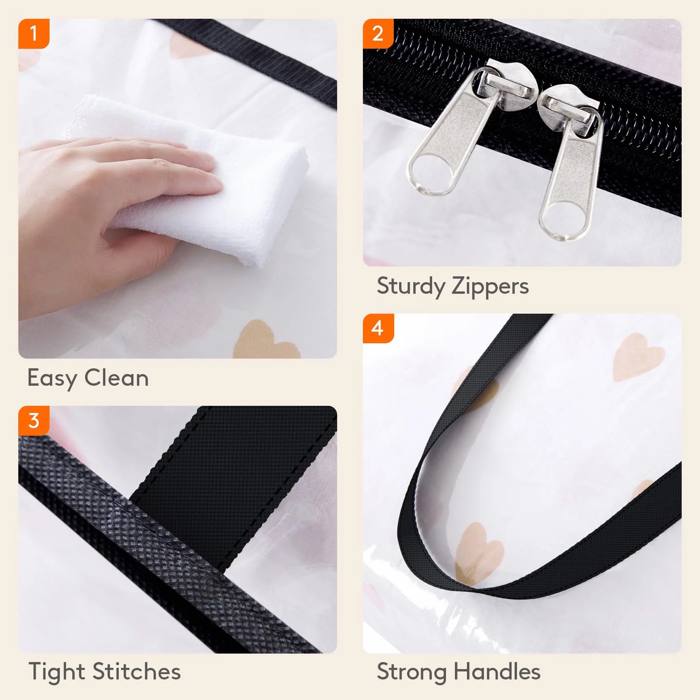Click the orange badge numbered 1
coord(33,33)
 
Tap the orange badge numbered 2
coord(378,33)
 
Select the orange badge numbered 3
coord(33,421)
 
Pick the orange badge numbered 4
coord(378,328)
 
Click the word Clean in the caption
coord(117,378)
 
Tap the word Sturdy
coord(410,287)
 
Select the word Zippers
coord(490,287)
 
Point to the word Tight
coord(57,671)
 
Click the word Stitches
coord(137,671)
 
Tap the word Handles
coord(497,671)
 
